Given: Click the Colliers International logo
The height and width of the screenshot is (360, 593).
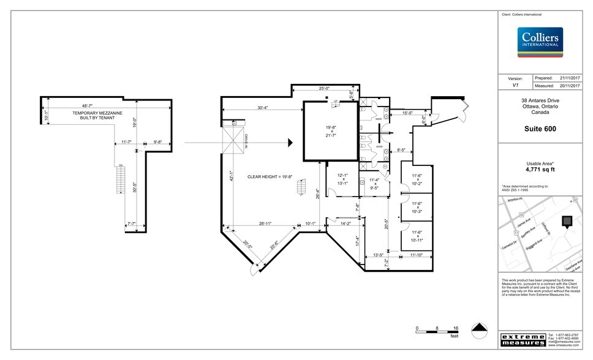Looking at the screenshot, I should click(540, 41).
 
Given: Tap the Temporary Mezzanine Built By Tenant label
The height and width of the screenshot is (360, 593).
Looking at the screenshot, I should click(97, 116).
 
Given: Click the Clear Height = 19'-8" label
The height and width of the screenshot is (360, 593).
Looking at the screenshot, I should click(270, 177).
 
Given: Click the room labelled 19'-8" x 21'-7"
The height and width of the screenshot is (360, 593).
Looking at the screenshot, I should click(331, 132).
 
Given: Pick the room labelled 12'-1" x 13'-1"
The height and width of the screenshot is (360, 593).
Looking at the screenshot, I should click(341, 179).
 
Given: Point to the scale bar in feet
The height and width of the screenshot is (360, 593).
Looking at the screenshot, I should click(437, 329).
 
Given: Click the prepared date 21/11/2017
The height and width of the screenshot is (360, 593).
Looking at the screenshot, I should click(569, 78).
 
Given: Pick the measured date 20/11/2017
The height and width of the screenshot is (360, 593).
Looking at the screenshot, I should click(569, 86).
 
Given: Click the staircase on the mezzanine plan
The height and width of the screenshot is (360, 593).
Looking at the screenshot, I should click(121, 179).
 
